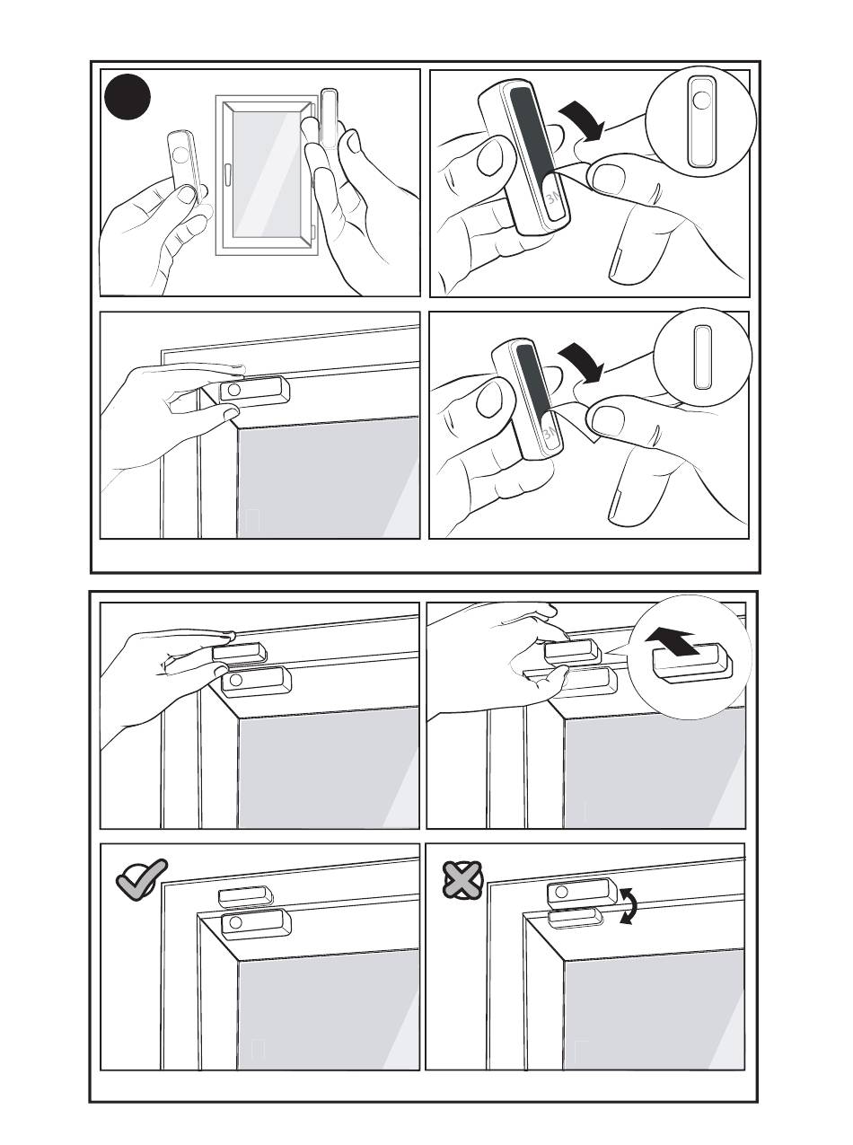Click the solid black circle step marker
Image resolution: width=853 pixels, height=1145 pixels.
tap(127, 96)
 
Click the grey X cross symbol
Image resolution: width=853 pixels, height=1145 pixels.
tap(463, 880)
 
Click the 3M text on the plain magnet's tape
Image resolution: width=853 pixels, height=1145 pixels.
tap(550, 432)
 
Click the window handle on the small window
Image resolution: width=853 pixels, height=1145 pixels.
tap(226, 174)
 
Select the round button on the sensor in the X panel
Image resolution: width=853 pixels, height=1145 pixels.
tap(561, 891)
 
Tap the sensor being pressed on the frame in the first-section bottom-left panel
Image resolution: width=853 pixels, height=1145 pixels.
tap(254, 390)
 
